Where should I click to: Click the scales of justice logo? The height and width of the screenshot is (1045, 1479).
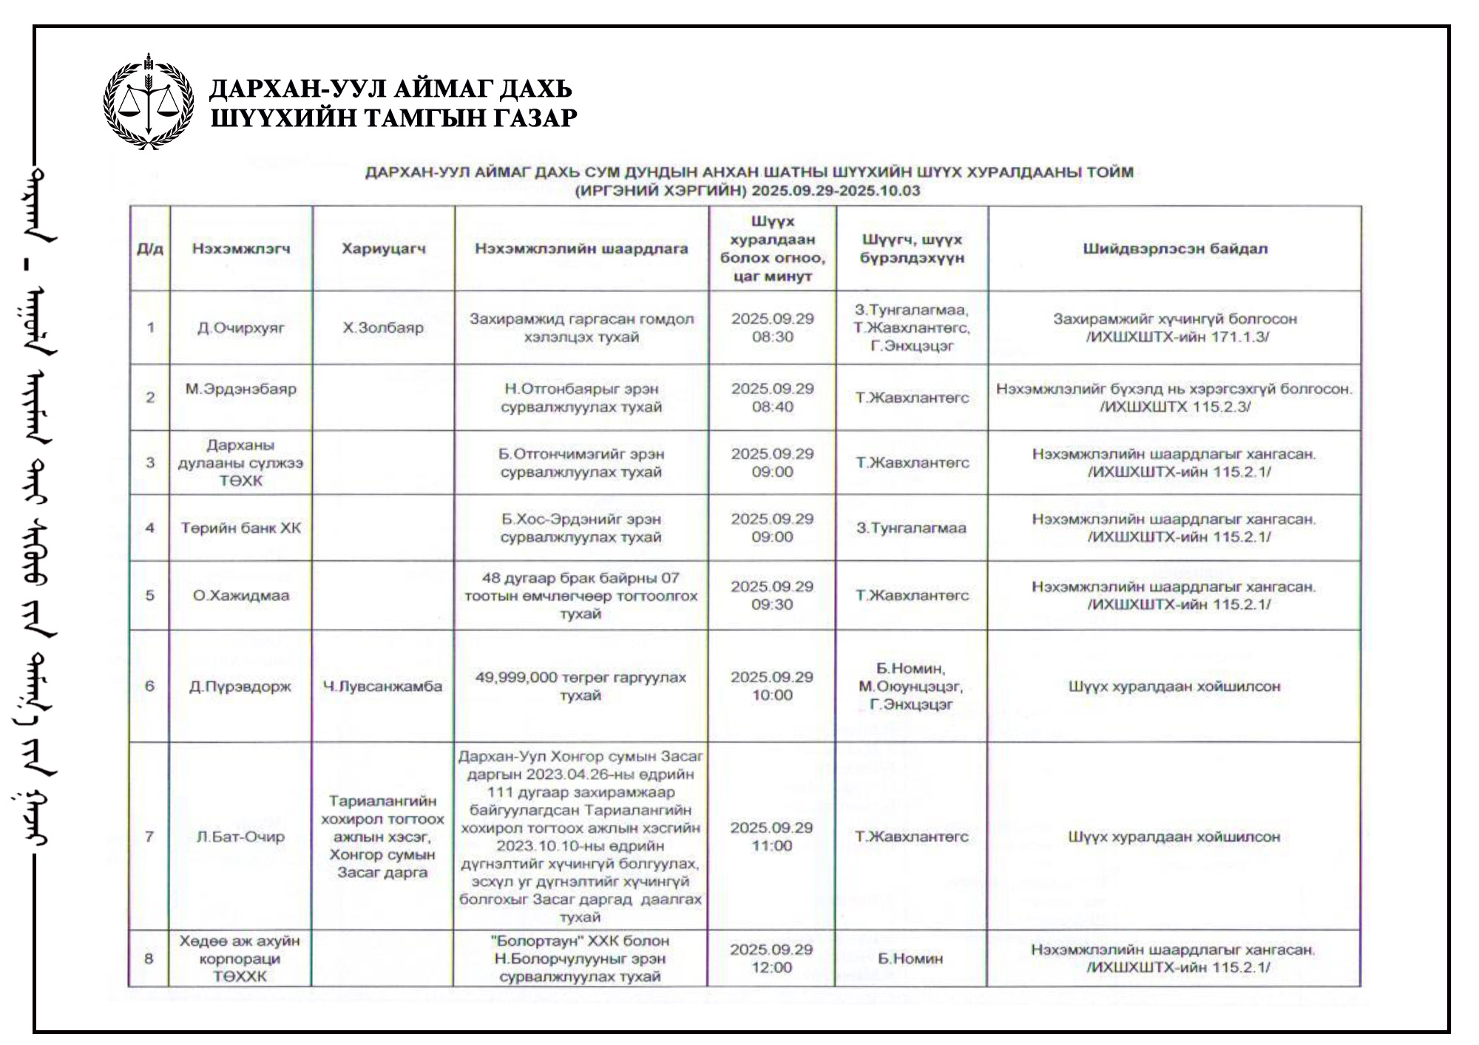[x=149, y=101]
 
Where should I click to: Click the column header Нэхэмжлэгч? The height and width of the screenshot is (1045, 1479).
[x=240, y=249]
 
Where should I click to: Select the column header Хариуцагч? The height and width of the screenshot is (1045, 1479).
[x=383, y=249]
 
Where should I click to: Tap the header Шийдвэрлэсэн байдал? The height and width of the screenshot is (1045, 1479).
[x=1174, y=249]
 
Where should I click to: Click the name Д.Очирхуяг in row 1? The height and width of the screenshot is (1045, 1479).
[x=240, y=327]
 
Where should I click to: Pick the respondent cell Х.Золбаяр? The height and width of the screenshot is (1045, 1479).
[x=383, y=327]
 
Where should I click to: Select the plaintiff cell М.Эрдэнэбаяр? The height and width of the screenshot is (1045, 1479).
[x=240, y=389]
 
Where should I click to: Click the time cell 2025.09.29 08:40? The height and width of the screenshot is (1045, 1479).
[x=772, y=398]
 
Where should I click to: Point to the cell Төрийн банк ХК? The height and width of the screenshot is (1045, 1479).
[x=240, y=528]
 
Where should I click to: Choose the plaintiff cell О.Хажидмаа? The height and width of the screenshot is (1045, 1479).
[x=240, y=596]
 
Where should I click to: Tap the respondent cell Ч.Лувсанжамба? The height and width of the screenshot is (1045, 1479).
[x=382, y=687]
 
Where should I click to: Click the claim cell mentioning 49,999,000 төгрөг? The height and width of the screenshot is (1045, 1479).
[x=581, y=687]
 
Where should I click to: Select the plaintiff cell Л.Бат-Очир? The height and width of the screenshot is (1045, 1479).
[x=240, y=837]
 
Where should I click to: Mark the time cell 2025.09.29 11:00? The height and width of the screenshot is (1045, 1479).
[x=772, y=837]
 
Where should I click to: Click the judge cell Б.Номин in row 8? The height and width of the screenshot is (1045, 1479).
[x=910, y=959]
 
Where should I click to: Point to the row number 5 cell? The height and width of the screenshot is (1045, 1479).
[x=150, y=596]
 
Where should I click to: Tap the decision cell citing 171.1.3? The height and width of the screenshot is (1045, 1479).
[x=1174, y=327]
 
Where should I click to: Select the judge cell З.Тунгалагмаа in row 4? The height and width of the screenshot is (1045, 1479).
[x=911, y=528]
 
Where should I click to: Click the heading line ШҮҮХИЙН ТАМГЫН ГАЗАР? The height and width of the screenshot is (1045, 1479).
[x=393, y=118]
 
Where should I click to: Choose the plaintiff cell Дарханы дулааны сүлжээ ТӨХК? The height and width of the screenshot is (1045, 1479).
[x=240, y=463]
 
